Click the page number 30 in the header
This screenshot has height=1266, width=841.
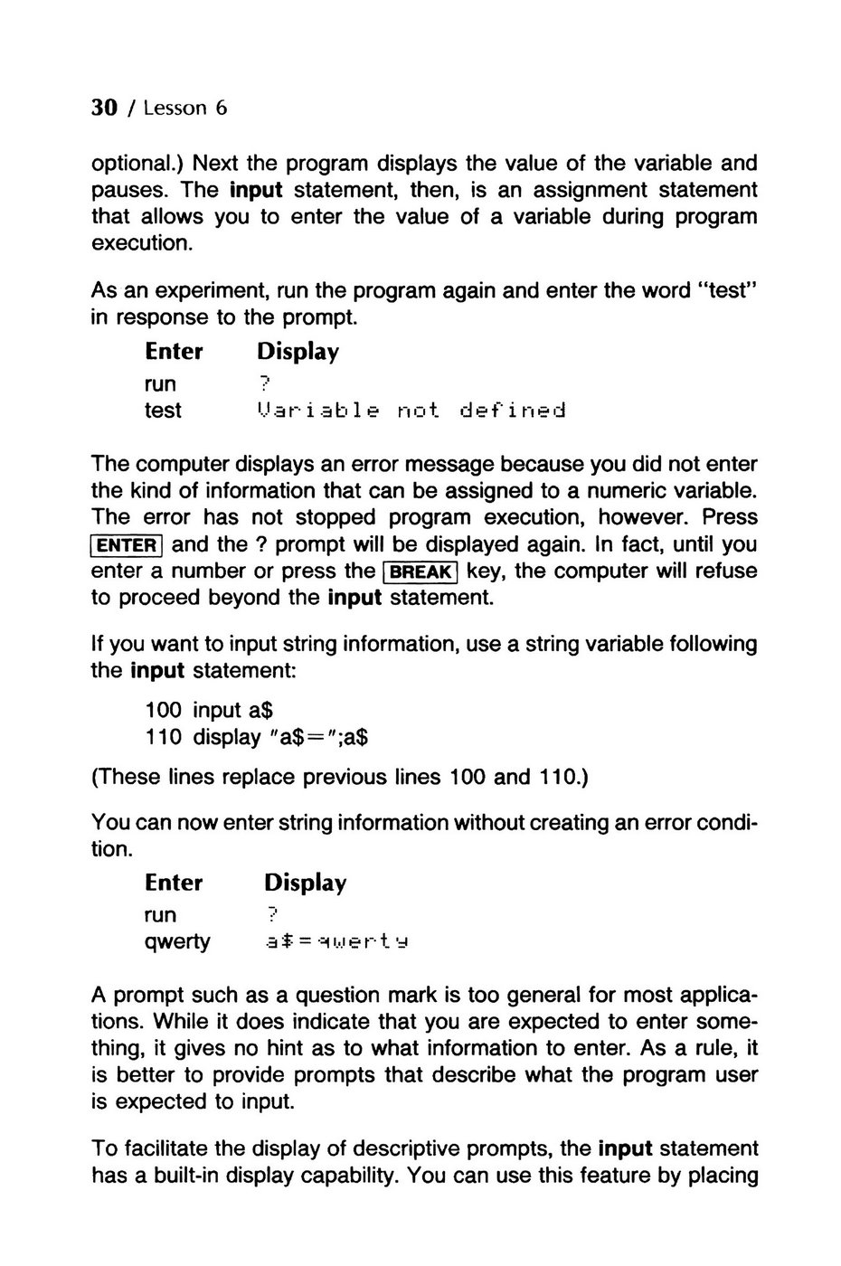pyautogui.click(x=105, y=109)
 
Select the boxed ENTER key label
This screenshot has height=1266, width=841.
pyautogui.click(x=128, y=545)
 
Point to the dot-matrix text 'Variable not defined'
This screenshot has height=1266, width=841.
pyautogui.click(x=411, y=411)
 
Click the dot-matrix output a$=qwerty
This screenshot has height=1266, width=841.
pyautogui.click(x=336, y=942)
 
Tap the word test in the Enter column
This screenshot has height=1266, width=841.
pyautogui.click(x=163, y=411)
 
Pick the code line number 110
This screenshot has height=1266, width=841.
pyautogui.click(x=164, y=737)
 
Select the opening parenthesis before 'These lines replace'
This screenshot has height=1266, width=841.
pyautogui.click(x=95, y=777)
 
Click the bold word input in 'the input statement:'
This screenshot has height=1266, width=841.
pyautogui.click(x=157, y=671)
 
